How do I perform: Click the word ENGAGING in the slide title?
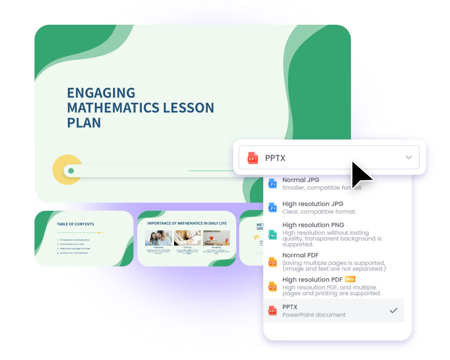(101, 93)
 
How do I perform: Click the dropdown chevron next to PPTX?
(409, 157)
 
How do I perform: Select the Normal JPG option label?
(301, 180)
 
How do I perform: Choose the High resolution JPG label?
(312, 204)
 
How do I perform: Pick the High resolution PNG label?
(313, 225)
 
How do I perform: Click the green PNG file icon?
(273, 235)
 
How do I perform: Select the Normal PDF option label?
(300, 255)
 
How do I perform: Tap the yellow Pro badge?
(350, 279)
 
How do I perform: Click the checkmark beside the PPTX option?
(393, 310)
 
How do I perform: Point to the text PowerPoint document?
(314, 315)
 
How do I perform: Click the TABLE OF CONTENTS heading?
(75, 224)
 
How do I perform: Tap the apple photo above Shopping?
(216, 238)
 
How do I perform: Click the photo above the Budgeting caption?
(158, 238)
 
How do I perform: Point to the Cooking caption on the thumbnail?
(187, 247)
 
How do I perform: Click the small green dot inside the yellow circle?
(71, 171)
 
